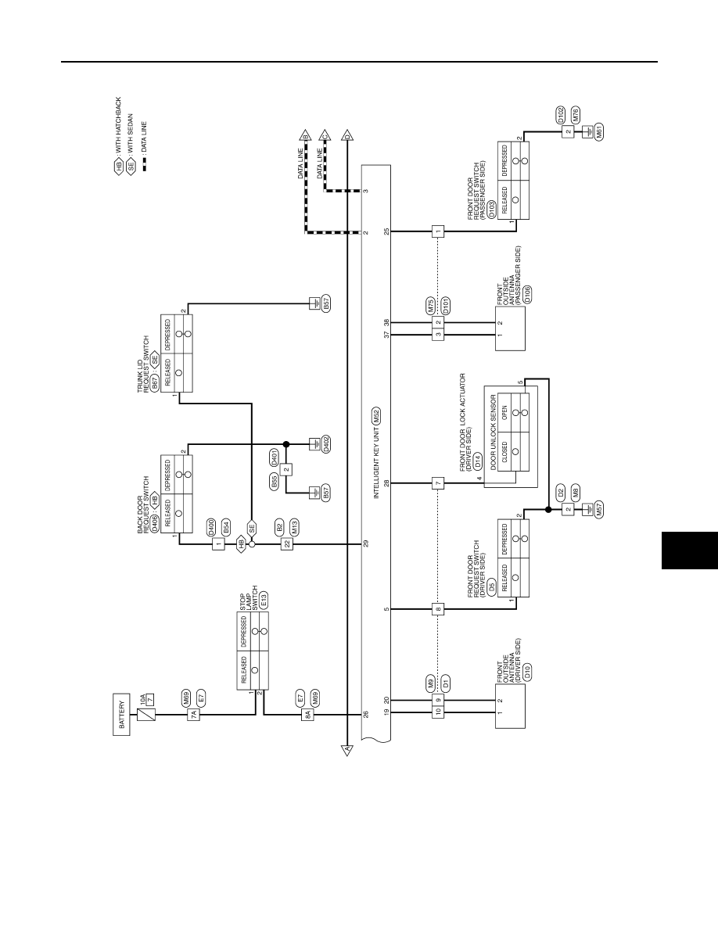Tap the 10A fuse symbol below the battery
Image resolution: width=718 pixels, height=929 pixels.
pos(146,715)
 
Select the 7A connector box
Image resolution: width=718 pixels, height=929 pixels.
pos(194,715)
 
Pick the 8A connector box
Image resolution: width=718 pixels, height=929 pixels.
pos(307,715)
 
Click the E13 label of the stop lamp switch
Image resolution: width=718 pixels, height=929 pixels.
pos(264,601)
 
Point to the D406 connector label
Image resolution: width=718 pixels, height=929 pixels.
pos(155,522)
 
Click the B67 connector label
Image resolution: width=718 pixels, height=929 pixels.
pos(155,381)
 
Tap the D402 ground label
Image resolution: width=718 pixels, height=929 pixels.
pos(326,444)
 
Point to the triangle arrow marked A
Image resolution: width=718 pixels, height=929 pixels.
pos(348,749)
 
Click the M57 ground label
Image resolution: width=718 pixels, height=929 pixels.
pos(600,510)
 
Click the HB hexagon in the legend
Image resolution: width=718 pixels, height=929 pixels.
pos(118,166)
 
